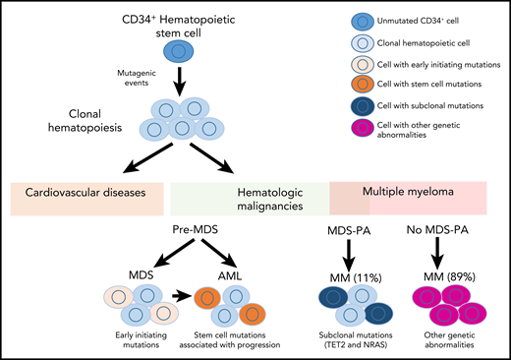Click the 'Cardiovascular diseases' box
(85, 194)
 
